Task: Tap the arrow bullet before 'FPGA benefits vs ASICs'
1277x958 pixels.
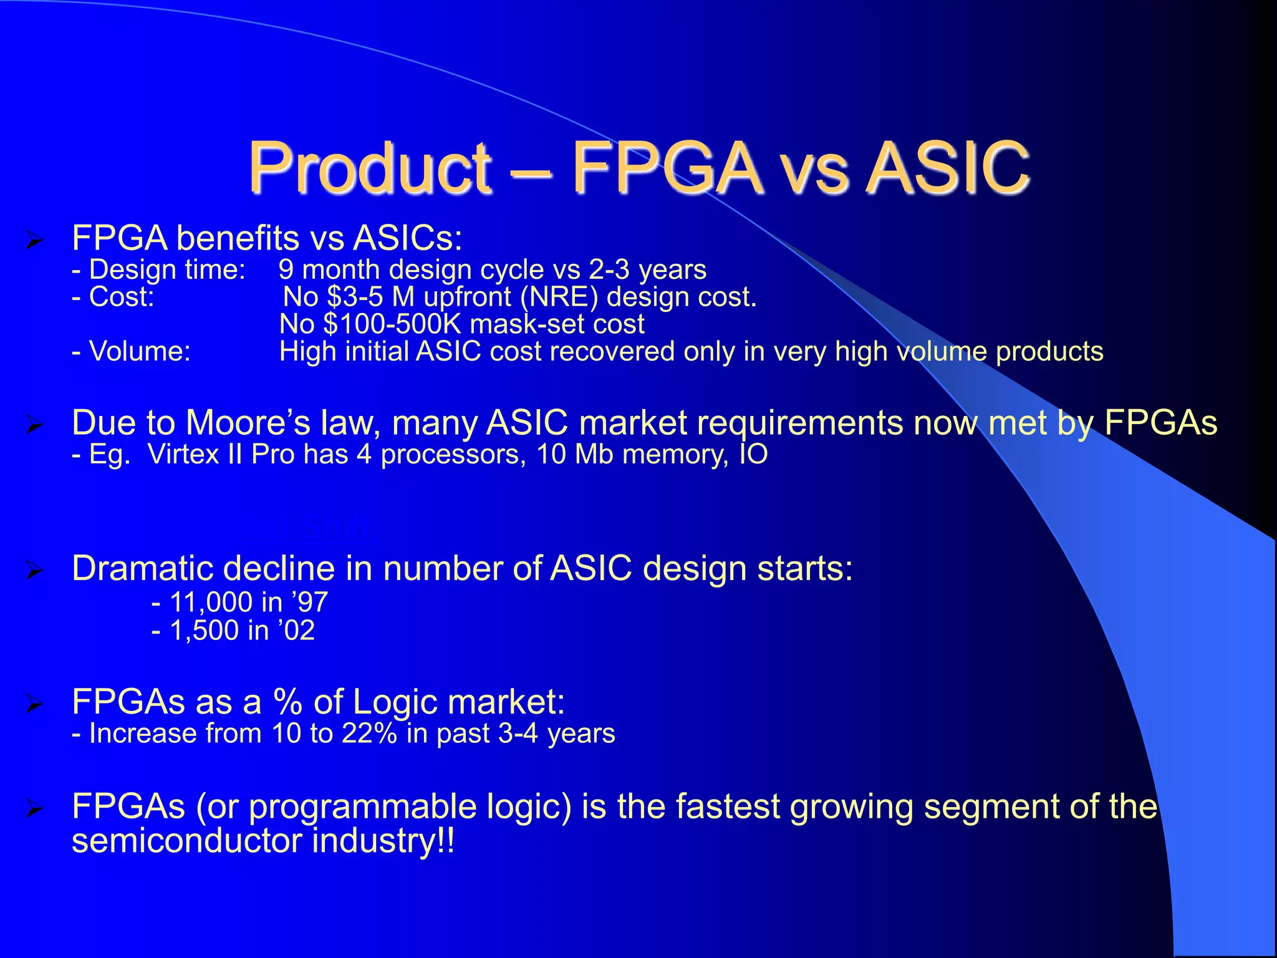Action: tap(34, 240)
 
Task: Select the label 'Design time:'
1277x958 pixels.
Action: tap(167, 269)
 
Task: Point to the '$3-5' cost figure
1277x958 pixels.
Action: tap(355, 297)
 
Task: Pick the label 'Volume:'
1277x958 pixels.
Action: tap(140, 351)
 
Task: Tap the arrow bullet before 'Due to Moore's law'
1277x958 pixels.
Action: tap(34, 426)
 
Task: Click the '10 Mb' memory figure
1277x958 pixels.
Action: tap(574, 454)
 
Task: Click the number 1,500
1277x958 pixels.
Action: tap(204, 631)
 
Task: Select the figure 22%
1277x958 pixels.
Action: tap(369, 733)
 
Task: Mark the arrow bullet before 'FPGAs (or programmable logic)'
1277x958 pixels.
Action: tap(34, 810)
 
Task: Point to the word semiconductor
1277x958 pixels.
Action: tap(186, 841)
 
